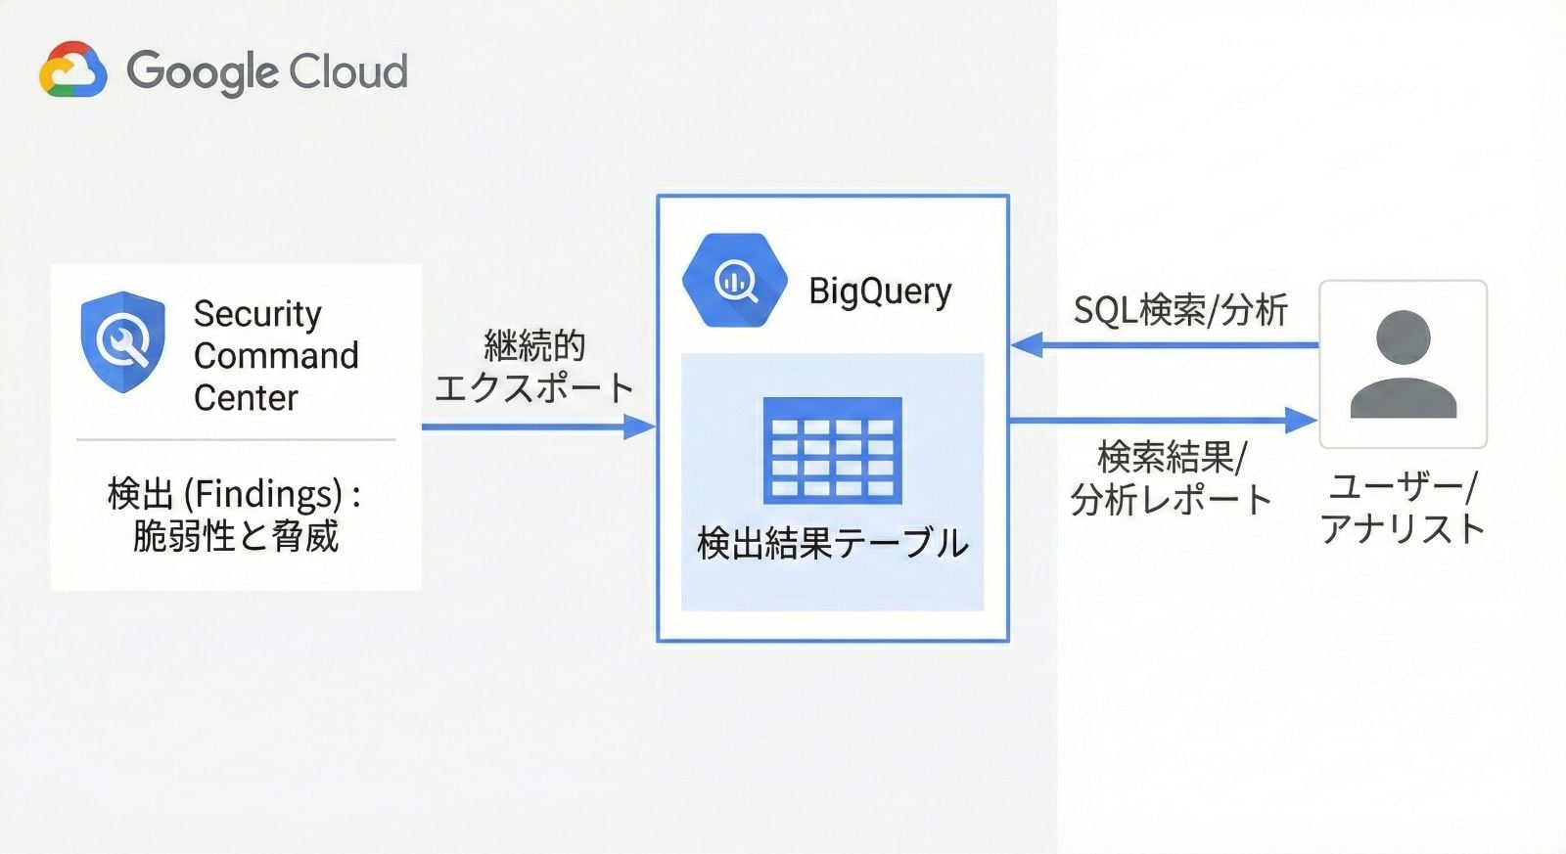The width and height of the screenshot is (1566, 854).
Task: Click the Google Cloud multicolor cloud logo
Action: tap(72, 69)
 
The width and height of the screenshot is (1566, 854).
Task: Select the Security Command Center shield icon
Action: tap(122, 341)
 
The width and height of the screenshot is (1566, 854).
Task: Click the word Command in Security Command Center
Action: tap(276, 355)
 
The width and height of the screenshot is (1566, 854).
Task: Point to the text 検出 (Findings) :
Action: tap(235, 494)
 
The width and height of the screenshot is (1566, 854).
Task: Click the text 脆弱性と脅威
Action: tap(235, 536)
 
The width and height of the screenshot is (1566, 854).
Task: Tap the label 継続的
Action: tap(534, 345)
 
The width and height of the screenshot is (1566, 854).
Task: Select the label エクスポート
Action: tap(534, 387)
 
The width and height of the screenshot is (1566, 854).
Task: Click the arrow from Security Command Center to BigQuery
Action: tap(538, 427)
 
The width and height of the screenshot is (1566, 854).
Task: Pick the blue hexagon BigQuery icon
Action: tap(734, 281)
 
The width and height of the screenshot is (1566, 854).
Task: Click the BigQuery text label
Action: tap(880, 291)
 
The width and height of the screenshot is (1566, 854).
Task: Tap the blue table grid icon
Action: tap(832, 449)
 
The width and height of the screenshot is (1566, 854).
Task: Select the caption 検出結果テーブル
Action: tap(832, 543)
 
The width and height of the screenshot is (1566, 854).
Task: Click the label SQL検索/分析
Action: tap(1180, 310)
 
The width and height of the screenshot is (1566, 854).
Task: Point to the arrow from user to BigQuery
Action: tap(1165, 344)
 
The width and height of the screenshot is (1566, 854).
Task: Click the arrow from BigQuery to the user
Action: tap(1165, 420)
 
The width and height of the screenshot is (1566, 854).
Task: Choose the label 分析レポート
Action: tap(1171, 500)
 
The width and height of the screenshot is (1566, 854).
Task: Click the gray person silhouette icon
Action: tap(1403, 364)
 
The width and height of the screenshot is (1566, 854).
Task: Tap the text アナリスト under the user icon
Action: tap(1403, 529)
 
